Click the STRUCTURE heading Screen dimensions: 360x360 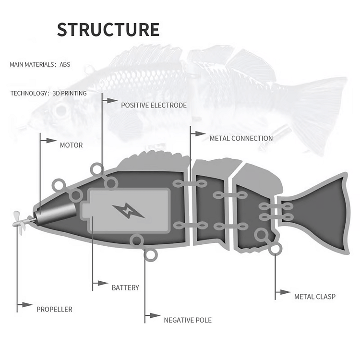pyautogui.click(x=108, y=30)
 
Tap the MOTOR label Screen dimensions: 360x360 pyautogui.click(x=71, y=145)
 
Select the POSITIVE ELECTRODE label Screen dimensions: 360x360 pyautogui.click(x=154, y=105)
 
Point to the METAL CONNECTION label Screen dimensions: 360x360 pyautogui.click(x=241, y=138)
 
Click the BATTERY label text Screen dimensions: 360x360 pyautogui.click(x=125, y=288)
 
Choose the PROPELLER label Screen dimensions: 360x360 pyautogui.click(x=54, y=310)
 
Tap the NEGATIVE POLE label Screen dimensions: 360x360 pyautogui.click(x=187, y=320)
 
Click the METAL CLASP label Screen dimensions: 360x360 pyautogui.click(x=314, y=297)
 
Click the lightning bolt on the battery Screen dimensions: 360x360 pyautogui.click(x=128, y=210)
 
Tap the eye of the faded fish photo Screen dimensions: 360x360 pyautogui.click(x=61, y=110)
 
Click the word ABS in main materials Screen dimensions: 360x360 pyautogui.click(x=65, y=64)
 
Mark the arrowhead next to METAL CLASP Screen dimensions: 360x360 pyautogui.click(x=286, y=292)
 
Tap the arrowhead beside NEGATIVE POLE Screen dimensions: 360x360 pyautogui.click(x=155, y=316)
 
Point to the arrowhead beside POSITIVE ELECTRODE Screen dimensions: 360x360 pyautogui.click(x=112, y=101)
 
